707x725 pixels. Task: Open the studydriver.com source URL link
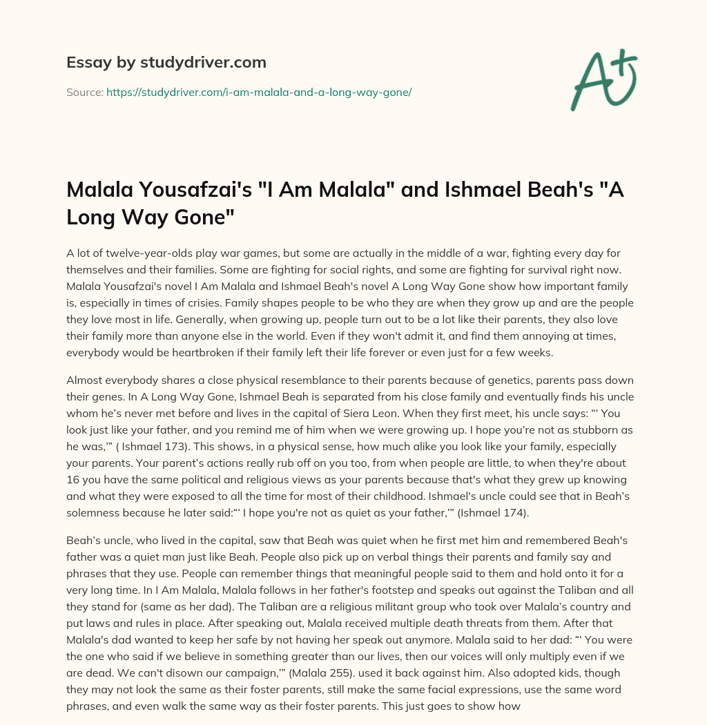(x=259, y=92)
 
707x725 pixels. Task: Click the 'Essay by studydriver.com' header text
(x=166, y=62)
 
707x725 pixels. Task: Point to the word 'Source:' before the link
(x=84, y=92)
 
